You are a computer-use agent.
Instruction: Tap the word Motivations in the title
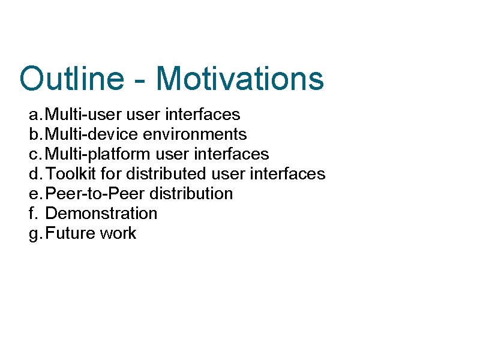pyautogui.click(x=239, y=79)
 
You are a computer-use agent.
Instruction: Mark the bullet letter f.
pyautogui.click(x=32, y=214)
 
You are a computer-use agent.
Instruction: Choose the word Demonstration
pyautogui.click(x=101, y=214)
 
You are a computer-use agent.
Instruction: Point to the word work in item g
pyautogui.click(x=118, y=233)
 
